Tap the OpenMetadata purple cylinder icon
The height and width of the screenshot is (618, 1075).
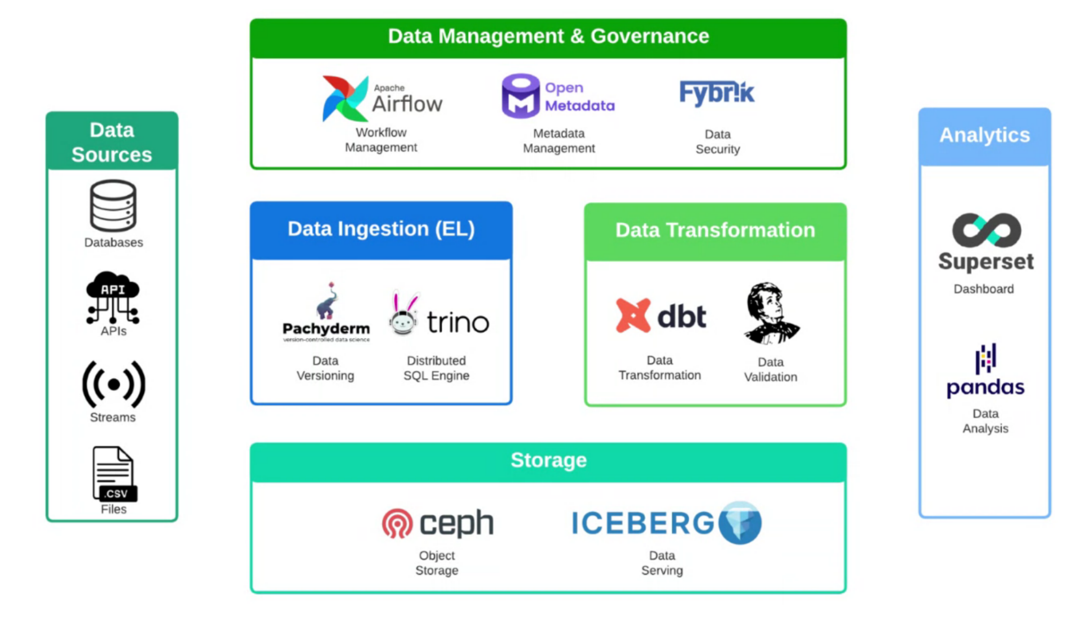pyautogui.click(x=520, y=96)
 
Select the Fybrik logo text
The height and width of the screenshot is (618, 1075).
pyautogui.click(x=717, y=93)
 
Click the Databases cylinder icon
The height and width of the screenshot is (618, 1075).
pyautogui.click(x=113, y=206)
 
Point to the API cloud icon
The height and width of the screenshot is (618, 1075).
pyautogui.click(x=113, y=297)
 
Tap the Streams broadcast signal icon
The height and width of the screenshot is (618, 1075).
pyautogui.click(x=113, y=385)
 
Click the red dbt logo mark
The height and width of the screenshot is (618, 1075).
pyautogui.click(x=633, y=315)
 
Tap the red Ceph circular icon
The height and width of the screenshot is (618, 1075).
pyautogui.click(x=397, y=523)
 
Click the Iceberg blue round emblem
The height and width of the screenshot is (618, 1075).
pyautogui.click(x=740, y=522)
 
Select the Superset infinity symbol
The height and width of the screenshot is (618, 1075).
pyautogui.click(x=986, y=230)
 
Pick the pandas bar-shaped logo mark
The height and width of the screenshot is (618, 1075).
pyautogui.click(x=985, y=359)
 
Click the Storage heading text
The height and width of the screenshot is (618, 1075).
pyautogui.click(x=548, y=460)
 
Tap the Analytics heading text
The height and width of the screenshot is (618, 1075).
pyautogui.click(x=985, y=135)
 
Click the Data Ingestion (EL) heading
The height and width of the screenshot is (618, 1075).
pyautogui.click(x=381, y=229)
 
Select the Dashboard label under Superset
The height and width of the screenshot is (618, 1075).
pyautogui.click(x=984, y=289)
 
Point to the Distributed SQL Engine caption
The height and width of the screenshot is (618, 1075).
pyautogui.click(x=436, y=368)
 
